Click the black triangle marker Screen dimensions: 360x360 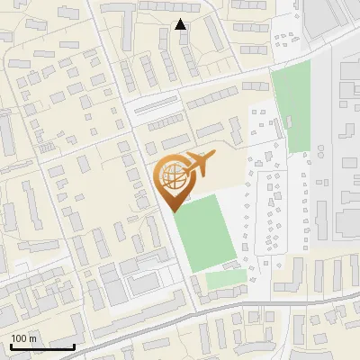[181, 24]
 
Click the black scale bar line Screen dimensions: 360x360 [41, 346]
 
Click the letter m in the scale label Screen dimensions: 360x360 [32, 338]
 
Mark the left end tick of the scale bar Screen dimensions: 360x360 [11, 345]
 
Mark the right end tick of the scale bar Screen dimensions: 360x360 [74, 345]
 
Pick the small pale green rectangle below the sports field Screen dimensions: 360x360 [225, 280]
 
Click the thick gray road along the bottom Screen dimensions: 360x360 [180, 318]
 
